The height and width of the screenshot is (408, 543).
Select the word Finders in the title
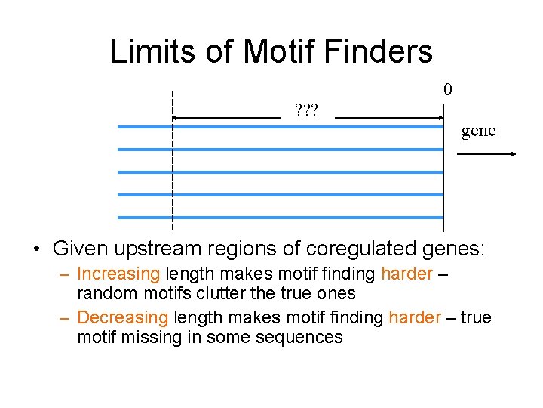point(385,51)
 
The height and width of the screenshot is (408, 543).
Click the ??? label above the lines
point(306,112)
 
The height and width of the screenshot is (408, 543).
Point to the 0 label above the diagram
point(448,90)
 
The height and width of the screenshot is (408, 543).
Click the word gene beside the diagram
point(478,131)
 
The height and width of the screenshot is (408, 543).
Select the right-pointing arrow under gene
point(486,154)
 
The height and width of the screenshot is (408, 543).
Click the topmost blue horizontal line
point(280,127)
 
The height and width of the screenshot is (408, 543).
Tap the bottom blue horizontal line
point(280,218)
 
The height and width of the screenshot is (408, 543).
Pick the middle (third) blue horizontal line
point(280,172)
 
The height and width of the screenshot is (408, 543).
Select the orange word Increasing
point(118,274)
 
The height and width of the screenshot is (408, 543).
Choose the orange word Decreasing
point(123,317)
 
